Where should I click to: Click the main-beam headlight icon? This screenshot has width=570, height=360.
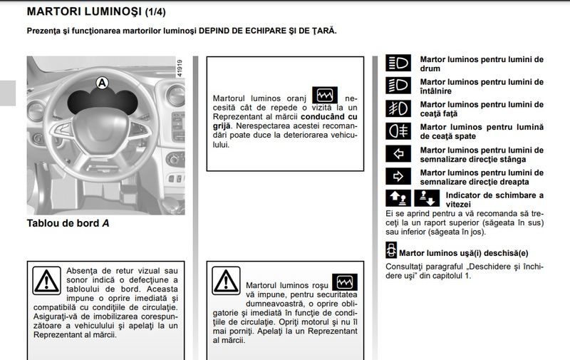coord(398,63)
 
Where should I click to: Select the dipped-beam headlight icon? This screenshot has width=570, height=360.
coord(398,86)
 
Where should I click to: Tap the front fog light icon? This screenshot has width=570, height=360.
coord(398,108)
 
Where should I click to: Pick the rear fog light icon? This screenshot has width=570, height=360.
coord(398,131)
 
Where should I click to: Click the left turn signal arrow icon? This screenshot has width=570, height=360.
coord(398,154)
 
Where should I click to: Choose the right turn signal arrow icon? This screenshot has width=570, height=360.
coord(398,176)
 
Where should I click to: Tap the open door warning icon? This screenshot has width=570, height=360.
coord(391,251)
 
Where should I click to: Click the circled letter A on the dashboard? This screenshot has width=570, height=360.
coord(101,83)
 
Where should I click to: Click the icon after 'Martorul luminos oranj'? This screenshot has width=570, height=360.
coord(325,95)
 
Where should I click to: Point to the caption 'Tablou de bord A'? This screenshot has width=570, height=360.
coord(68,223)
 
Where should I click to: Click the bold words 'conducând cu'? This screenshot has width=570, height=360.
coord(329,115)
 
